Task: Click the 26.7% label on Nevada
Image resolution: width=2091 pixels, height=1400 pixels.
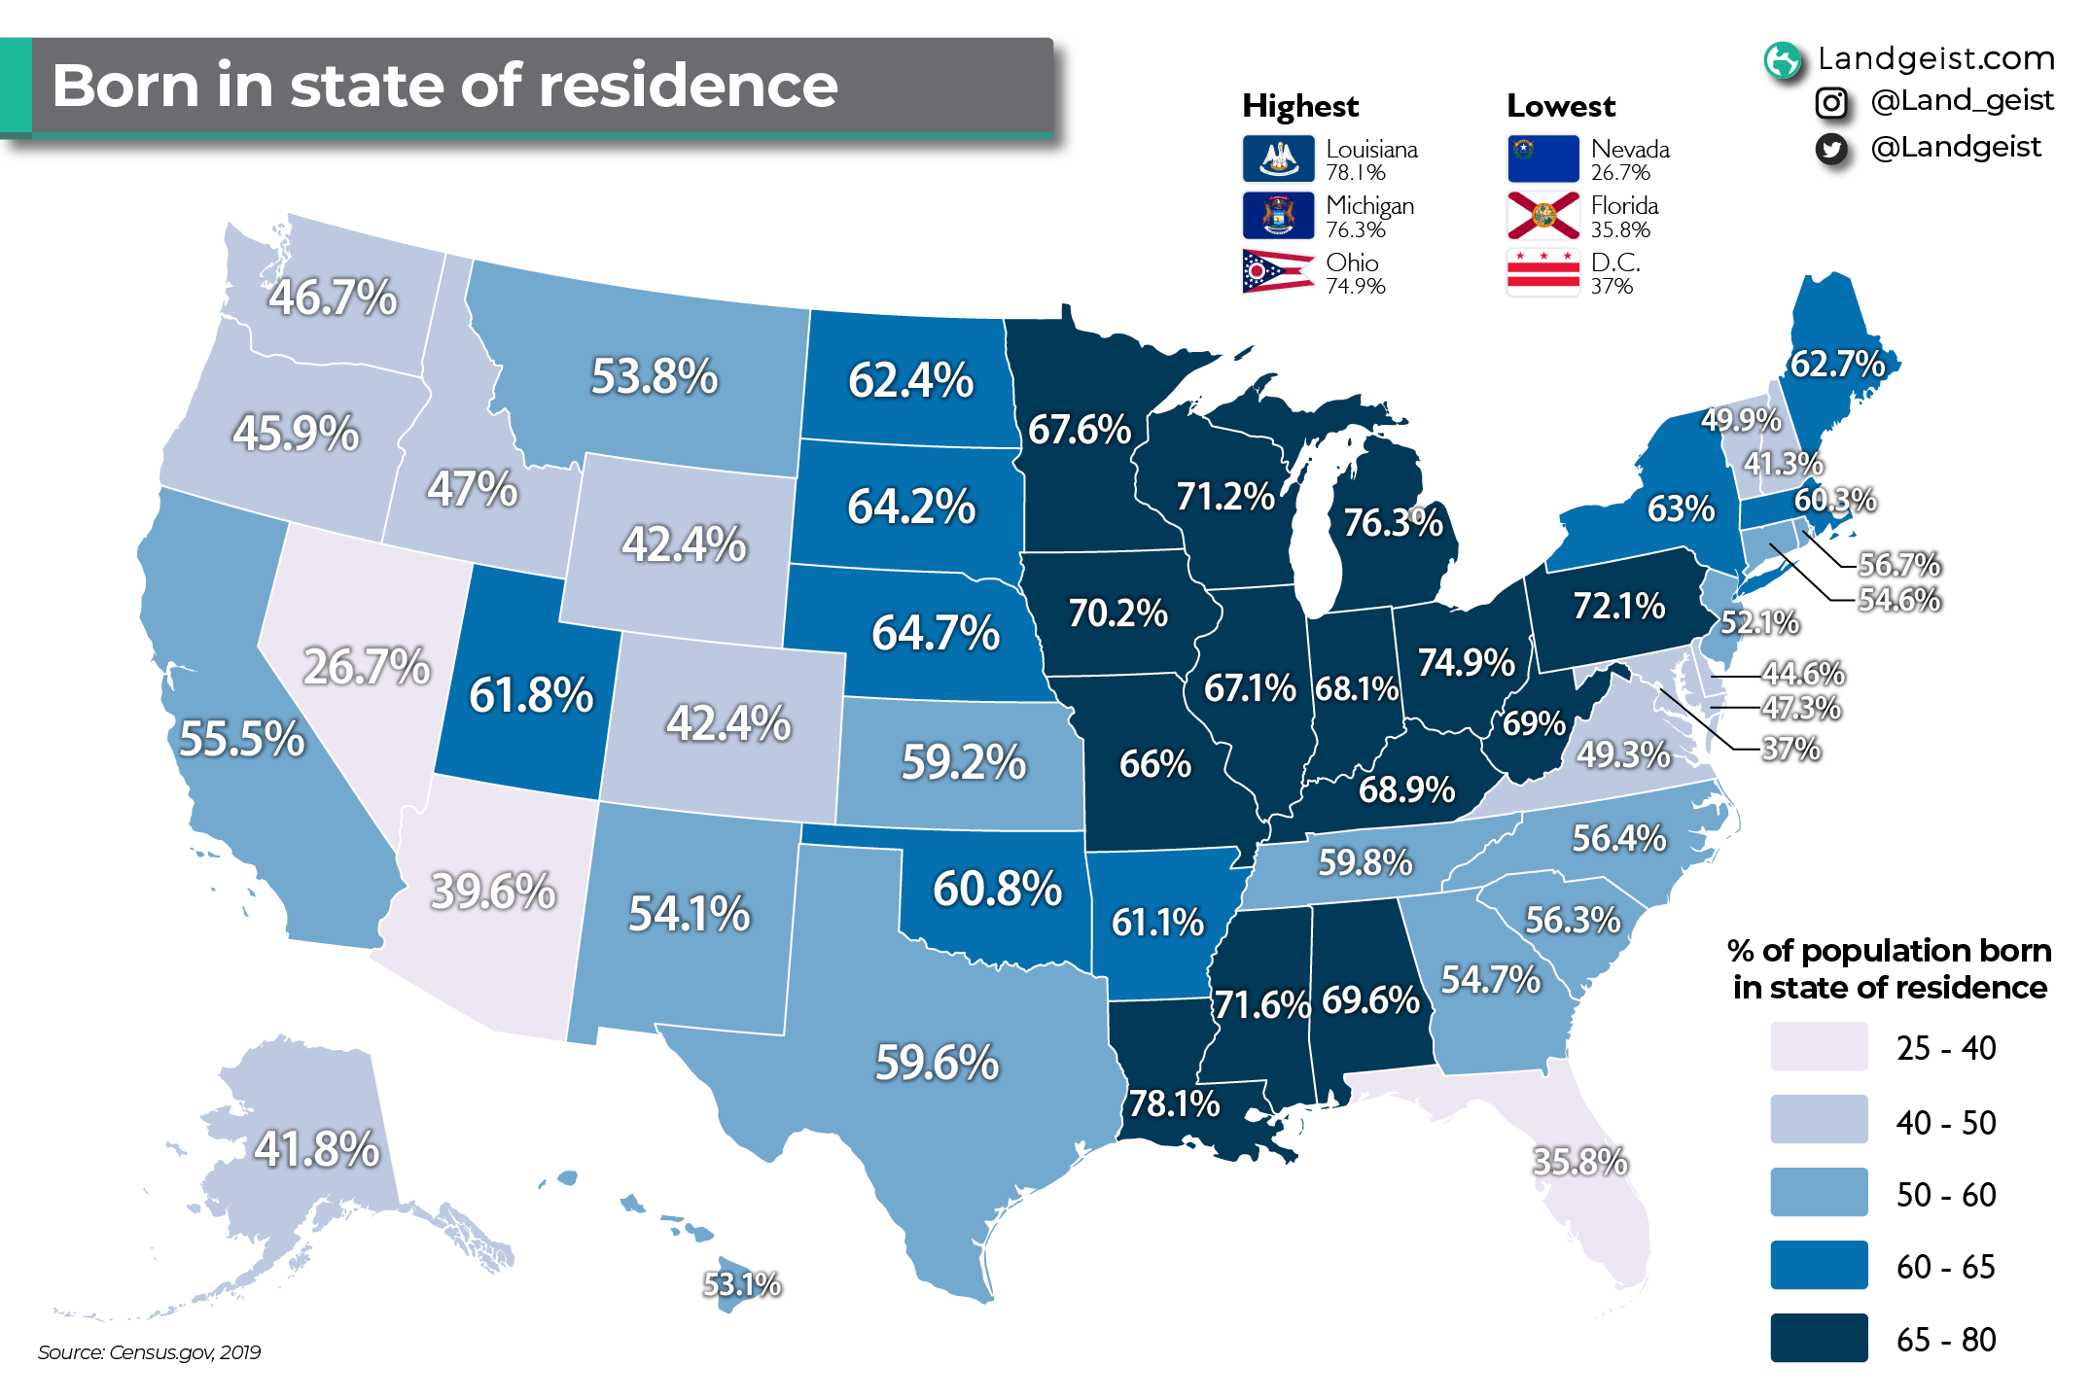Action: click(367, 667)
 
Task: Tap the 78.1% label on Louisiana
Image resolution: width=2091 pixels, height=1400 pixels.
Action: click(1173, 1104)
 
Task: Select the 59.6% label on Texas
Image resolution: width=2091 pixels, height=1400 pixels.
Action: click(937, 1063)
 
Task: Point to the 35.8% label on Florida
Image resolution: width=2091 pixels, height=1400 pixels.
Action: click(1579, 1162)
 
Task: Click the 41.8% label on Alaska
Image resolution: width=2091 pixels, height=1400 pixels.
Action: click(316, 1149)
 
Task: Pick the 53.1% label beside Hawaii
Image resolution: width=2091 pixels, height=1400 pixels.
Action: click(742, 1285)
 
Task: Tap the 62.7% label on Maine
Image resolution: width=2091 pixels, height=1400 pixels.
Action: click(1837, 365)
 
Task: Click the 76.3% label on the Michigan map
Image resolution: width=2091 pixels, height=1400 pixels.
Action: click(1393, 523)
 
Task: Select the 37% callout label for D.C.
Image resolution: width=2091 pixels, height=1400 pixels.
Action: click(1790, 750)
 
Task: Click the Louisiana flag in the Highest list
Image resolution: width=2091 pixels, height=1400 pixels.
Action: click(1278, 158)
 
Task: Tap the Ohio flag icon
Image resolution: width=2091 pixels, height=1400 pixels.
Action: click(1278, 272)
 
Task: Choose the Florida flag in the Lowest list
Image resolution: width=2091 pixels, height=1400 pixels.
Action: click(1542, 216)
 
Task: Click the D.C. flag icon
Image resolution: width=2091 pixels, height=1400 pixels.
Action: click(1542, 272)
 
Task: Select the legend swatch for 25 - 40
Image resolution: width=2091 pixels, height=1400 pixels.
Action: click(1819, 1047)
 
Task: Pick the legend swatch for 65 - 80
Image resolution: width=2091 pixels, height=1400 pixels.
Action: click(1819, 1339)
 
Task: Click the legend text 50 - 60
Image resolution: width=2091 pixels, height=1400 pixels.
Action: click(1945, 1195)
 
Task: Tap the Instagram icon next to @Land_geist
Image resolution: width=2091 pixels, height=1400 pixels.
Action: click(1831, 102)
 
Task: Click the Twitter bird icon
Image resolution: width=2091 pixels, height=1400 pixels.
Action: click(1831, 149)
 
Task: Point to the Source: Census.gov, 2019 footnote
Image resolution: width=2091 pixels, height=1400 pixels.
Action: click(149, 1352)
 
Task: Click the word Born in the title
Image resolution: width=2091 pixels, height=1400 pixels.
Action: click(125, 86)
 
